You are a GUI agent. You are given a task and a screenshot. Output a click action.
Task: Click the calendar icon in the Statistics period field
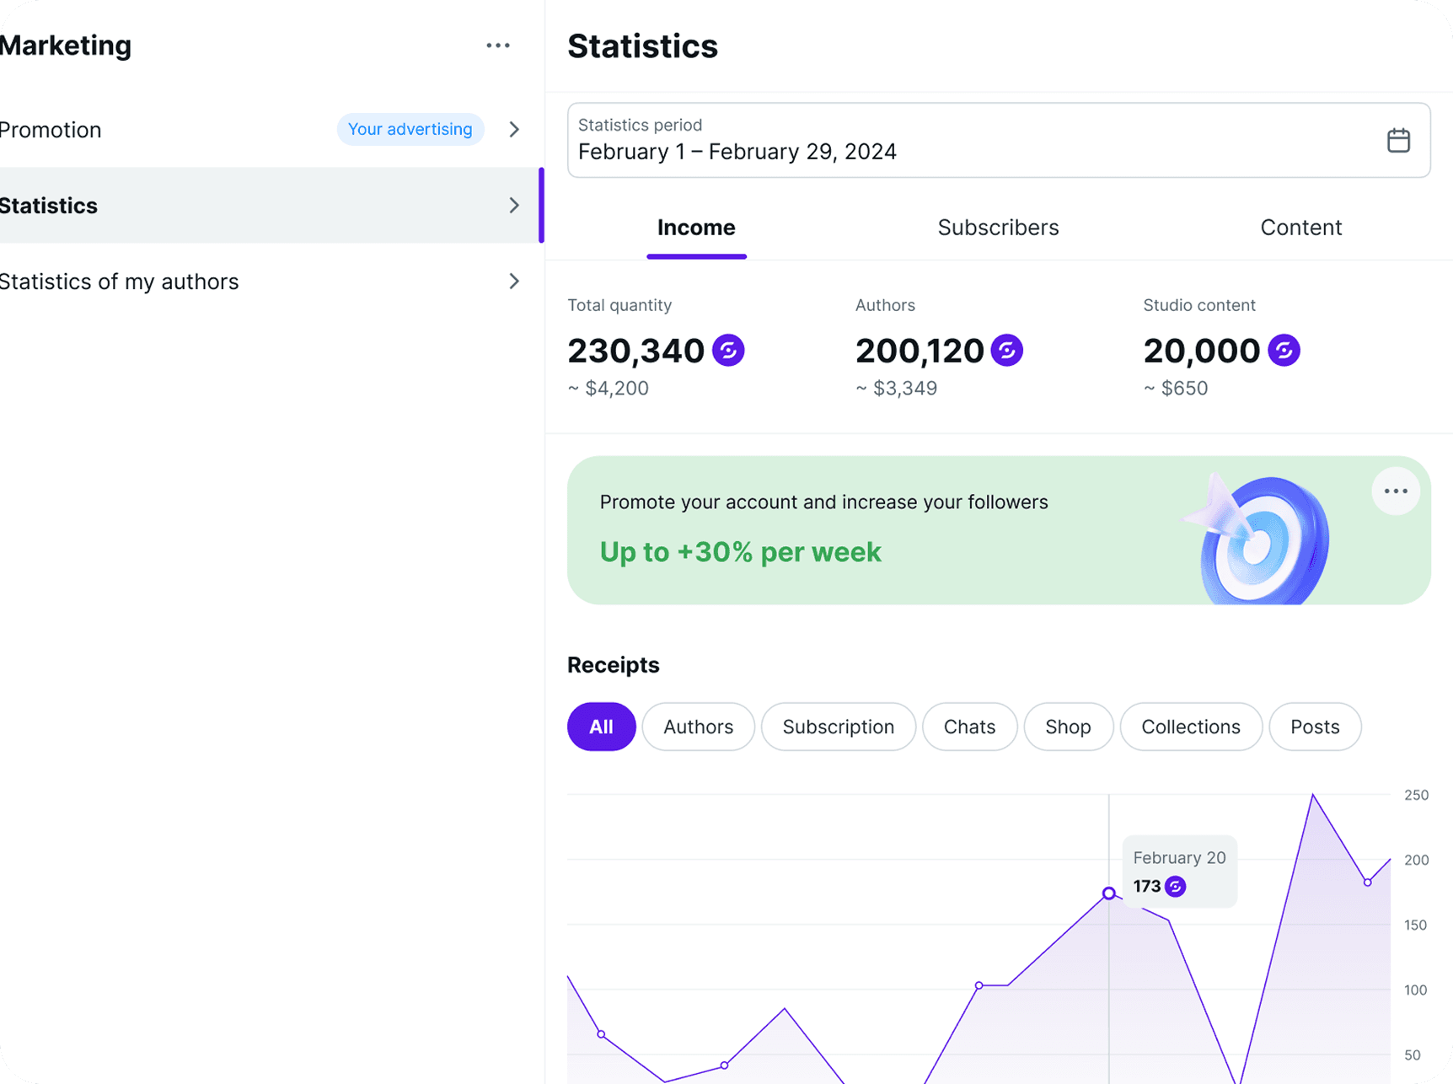(x=1398, y=140)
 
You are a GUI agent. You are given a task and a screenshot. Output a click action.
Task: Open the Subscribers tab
(x=998, y=228)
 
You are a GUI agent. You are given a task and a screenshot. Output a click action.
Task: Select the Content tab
(x=1300, y=228)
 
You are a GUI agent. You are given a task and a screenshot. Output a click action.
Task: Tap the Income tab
(x=696, y=228)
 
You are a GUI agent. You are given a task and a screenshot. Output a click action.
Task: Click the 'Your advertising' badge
(x=410, y=129)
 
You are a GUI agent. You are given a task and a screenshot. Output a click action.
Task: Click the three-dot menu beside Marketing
(x=498, y=46)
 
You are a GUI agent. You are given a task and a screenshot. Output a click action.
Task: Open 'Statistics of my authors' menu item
(x=119, y=282)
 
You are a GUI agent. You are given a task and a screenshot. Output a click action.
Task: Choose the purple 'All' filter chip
(x=601, y=727)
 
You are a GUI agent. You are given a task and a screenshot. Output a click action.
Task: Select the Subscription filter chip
(x=838, y=727)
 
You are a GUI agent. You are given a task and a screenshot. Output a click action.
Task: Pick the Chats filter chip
(x=969, y=727)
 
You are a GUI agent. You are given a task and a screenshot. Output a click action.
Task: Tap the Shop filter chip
(x=1068, y=727)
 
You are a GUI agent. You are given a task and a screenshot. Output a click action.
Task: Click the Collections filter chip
(x=1190, y=727)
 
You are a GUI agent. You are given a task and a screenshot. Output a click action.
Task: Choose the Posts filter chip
(x=1315, y=727)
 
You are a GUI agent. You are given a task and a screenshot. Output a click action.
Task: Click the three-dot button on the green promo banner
(x=1396, y=491)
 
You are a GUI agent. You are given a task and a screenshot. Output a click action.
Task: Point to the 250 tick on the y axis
(x=1416, y=795)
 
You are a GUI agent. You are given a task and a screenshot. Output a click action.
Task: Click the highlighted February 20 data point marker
(x=1109, y=893)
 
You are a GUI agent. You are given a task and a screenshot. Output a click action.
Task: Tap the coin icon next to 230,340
(x=728, y=350)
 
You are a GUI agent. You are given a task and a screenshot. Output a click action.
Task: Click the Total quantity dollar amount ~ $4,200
(x=608, y=389)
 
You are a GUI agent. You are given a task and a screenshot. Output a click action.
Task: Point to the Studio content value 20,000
(x=1201, y=351)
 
